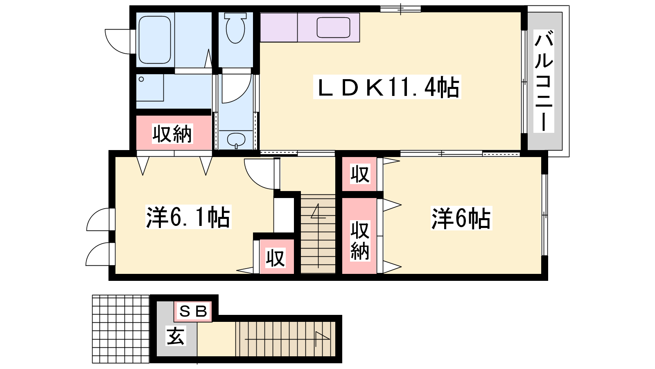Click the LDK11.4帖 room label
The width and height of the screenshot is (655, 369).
click(387, 87)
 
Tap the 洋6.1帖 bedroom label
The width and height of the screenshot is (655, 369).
click(188, 217)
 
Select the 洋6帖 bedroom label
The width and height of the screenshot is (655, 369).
click(461, 218)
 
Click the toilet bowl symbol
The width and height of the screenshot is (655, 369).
click(235, 29)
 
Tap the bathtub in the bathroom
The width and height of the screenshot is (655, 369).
click(154, 40)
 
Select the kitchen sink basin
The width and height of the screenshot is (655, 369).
click(333, 27)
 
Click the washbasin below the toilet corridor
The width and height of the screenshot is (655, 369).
click(236, 140)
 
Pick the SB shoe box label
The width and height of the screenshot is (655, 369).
click(193, 311)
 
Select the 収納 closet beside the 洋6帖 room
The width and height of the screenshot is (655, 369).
click(359, 236)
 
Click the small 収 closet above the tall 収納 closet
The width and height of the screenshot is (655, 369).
click(359, 174)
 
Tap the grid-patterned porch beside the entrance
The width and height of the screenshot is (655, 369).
click(121, 329)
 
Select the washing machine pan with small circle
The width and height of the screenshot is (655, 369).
click(150, 88)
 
